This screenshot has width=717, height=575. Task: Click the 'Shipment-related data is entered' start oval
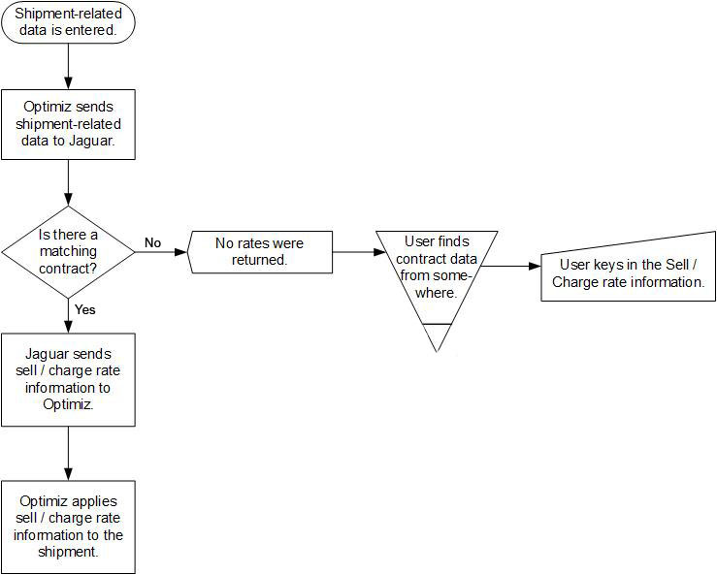68,22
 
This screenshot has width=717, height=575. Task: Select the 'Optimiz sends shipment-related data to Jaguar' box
68,124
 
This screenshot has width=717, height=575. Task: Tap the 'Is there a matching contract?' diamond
68,252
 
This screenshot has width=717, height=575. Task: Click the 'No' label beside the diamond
152,242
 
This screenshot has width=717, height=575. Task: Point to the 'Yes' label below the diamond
85,309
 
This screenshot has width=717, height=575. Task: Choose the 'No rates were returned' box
260,252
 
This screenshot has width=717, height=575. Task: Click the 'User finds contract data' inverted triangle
437,291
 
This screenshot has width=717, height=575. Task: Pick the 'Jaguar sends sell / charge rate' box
68,379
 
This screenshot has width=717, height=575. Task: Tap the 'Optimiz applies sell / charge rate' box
68,527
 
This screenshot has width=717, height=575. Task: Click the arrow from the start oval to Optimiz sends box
68,66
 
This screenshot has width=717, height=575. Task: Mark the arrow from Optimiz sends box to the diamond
68,183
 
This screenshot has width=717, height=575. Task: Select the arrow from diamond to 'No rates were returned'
161,252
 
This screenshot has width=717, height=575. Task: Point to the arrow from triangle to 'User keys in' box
510,266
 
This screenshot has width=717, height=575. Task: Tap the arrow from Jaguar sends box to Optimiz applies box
68,454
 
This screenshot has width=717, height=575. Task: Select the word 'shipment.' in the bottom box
68,552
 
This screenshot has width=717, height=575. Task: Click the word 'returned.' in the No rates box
260,260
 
